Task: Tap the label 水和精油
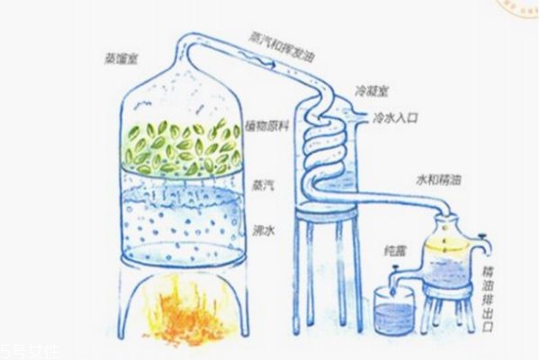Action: click(437, 180)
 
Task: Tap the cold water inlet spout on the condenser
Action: click(359, 117)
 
